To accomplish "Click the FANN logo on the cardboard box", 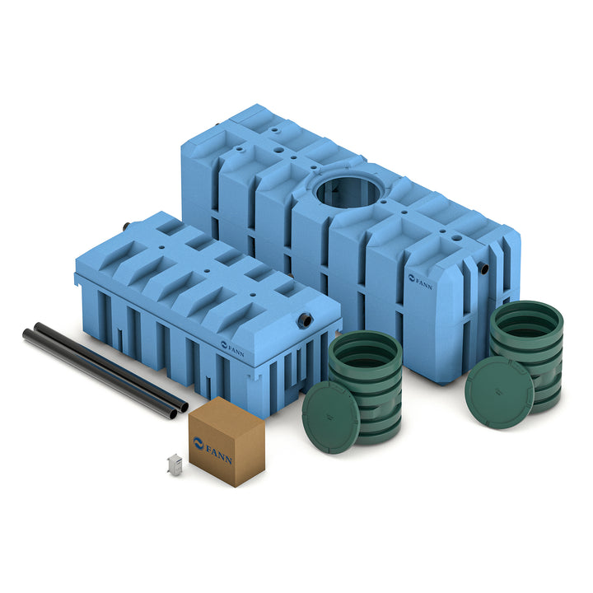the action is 212,451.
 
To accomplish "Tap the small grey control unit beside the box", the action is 175,463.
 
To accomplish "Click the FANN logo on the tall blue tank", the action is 421,282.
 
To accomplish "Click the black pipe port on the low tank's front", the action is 305,320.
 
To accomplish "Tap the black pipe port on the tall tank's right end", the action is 483,268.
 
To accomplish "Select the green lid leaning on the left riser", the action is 330,417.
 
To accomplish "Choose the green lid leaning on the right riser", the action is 499,392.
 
